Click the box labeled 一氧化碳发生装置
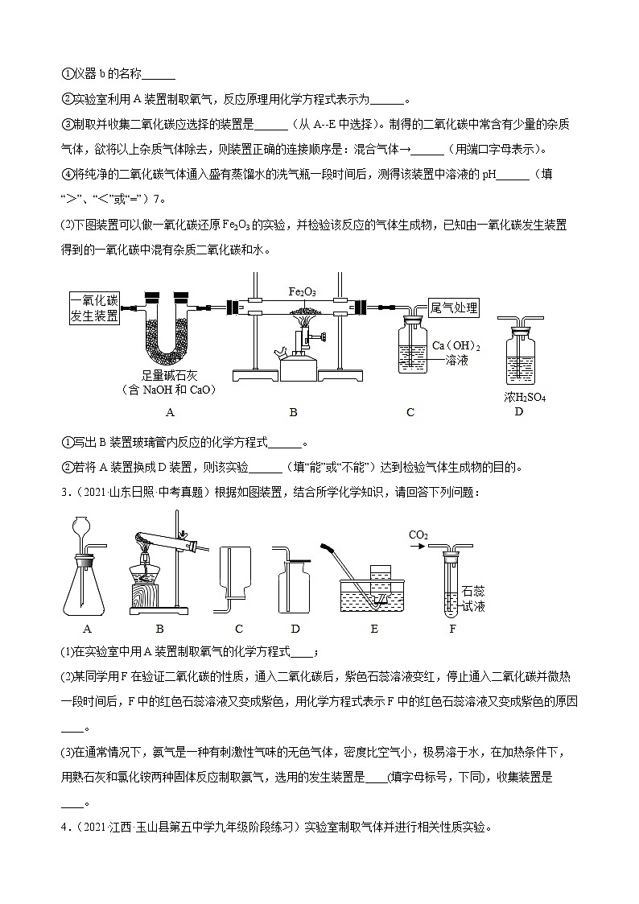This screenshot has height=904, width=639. (94, 307)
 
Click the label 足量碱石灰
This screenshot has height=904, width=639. (163, 375)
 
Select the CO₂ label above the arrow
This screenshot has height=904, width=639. (418, 535)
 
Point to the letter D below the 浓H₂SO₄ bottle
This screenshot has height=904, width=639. (518, 412)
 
